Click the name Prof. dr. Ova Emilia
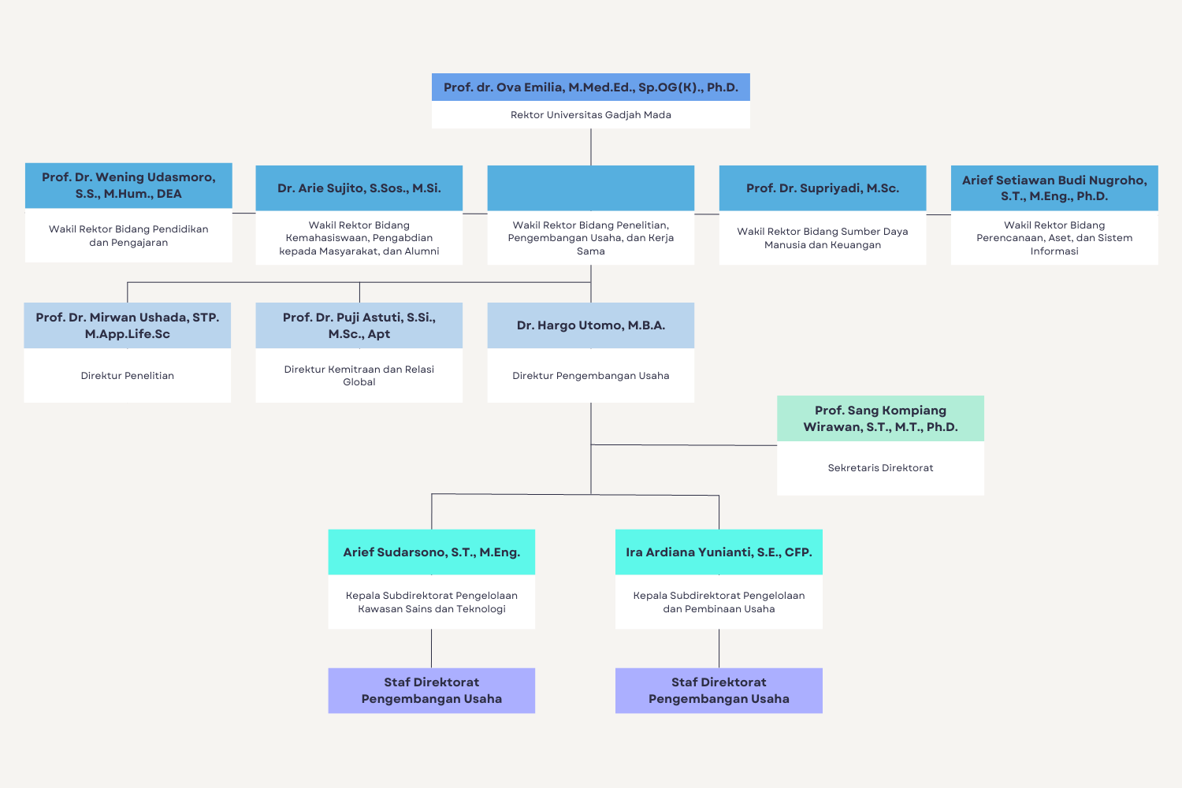(590, 87)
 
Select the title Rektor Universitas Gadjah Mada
(590, 115)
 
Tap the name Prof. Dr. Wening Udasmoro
(128, 185)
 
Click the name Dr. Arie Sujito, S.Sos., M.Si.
(359, 188)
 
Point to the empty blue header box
(590, 188)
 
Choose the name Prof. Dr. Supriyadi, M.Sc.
(822, 188)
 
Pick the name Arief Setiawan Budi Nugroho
(1054, 188)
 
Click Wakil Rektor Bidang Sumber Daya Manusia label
(822, 238)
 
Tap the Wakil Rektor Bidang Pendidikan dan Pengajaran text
(128, 236)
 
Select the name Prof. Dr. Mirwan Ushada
(127, 325)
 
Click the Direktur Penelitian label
(127, 376)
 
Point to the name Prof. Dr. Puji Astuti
(359, 325)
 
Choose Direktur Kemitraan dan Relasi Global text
(359, 375)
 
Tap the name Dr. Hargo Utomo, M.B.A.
(590, 325)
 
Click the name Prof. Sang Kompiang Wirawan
(880, 418)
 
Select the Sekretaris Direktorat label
(880, 468)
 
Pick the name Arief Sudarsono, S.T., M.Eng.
(431, 552)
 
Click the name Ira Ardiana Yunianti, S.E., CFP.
(718, 552)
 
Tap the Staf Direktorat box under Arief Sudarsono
(431, 690)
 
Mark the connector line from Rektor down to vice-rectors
(591, 147)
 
